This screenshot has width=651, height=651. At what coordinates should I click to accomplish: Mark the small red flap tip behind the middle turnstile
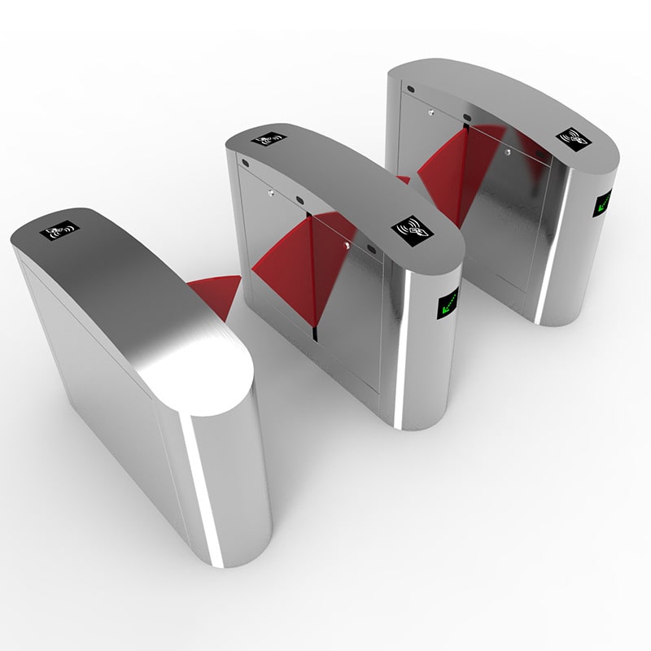[x=402, y=179]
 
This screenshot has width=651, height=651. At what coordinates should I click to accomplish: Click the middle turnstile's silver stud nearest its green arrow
[x=347, y=245]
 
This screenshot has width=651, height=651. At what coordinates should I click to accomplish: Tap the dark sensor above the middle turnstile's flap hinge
[x=299, y=200]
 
